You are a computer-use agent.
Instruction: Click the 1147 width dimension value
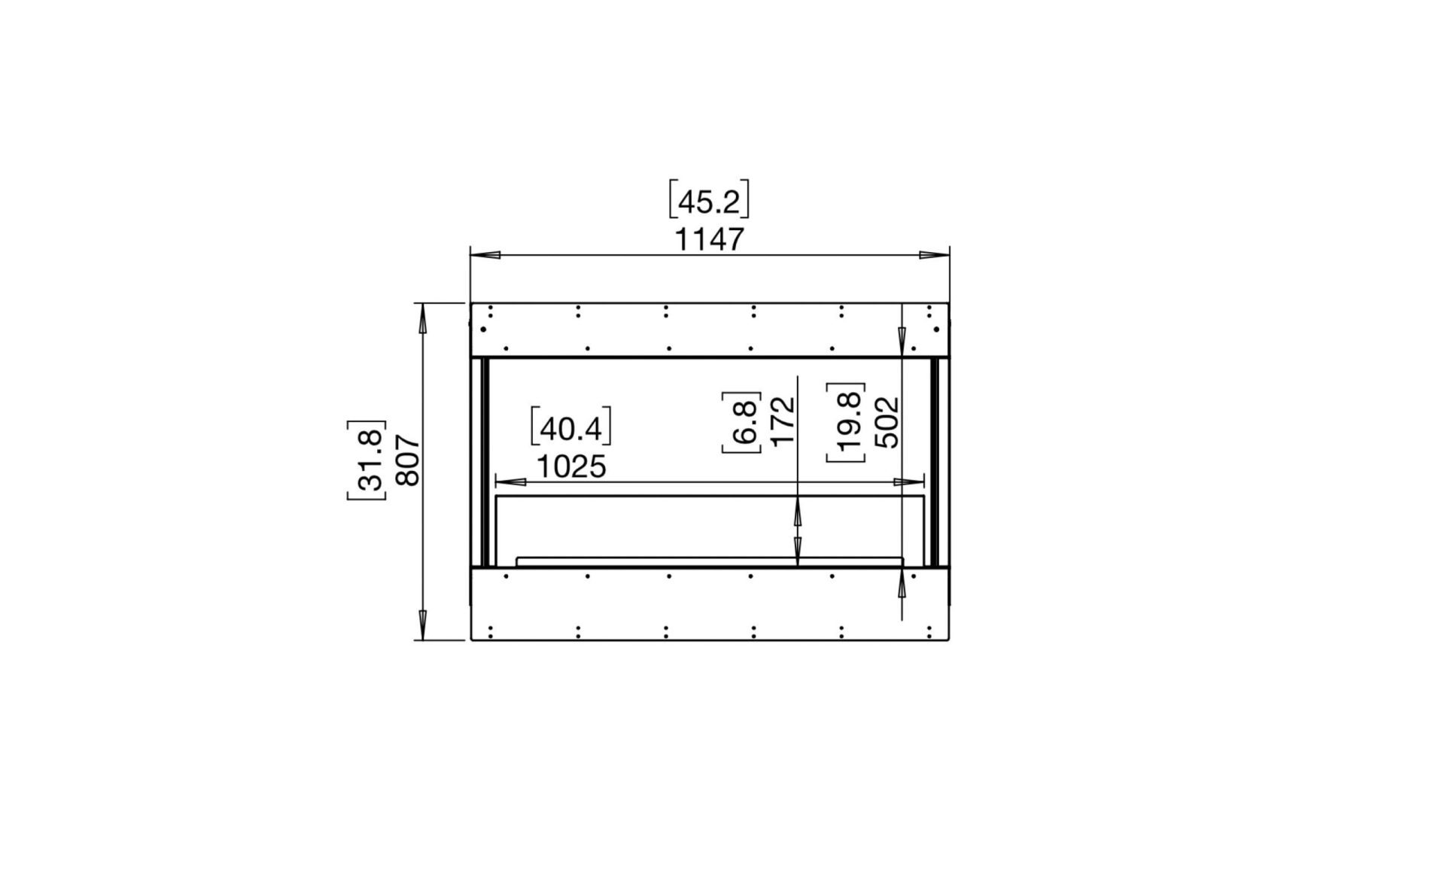click(709, 240)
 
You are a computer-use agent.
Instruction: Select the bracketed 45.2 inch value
click(709, 202)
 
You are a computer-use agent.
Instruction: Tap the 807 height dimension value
click(407, 460)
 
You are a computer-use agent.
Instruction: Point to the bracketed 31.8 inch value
click(367, 460)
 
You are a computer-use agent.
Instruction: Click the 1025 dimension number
click(570, 467)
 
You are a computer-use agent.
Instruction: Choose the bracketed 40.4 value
click(570, 429)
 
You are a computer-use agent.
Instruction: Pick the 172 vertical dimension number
click(783, 422)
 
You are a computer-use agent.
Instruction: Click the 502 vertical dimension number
click(887, 422)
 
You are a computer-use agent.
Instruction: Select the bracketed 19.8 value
click(847, 422)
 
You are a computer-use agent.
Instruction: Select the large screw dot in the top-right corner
click(936, 329)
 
